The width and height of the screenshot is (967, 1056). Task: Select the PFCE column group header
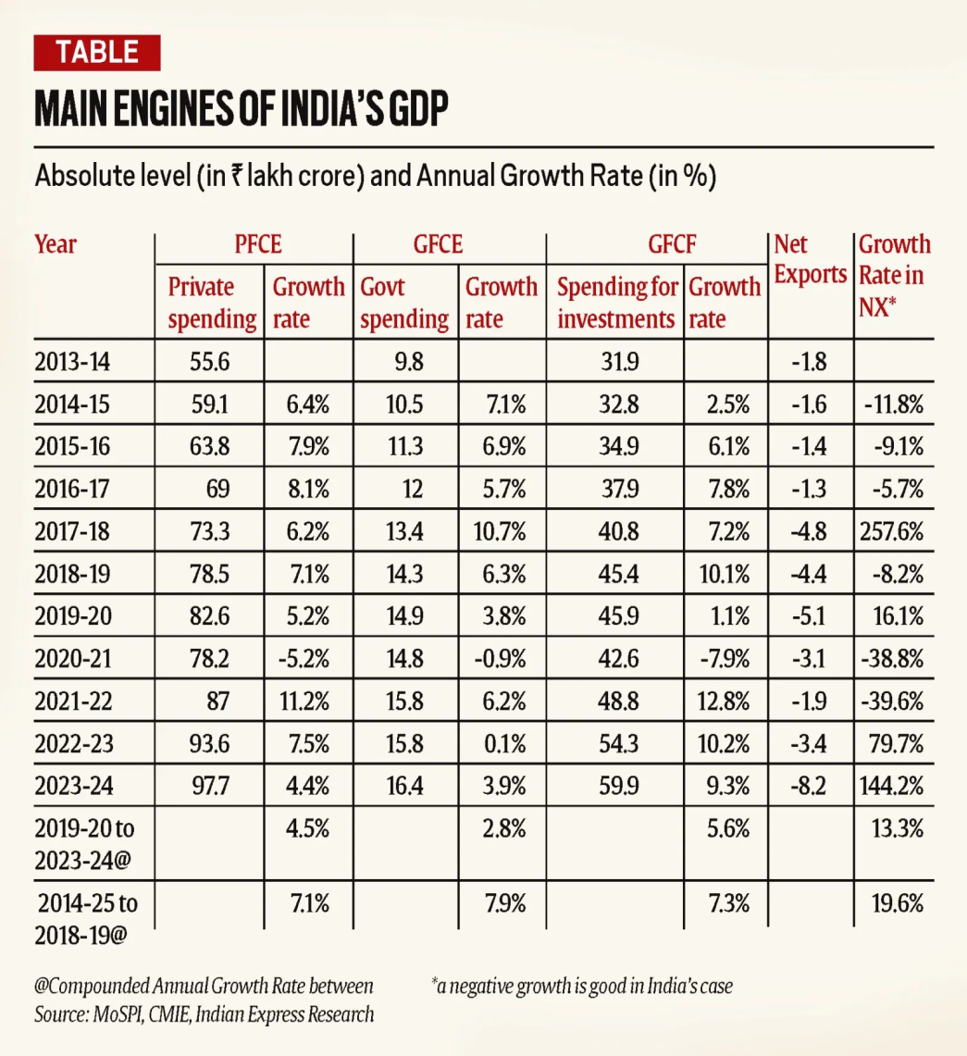point(256,245)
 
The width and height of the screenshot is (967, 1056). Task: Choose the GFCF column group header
point(658,245)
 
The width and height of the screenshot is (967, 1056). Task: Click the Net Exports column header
point(811,260)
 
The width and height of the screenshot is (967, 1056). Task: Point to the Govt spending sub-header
point(403,304)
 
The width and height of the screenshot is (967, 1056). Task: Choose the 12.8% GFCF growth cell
point(724,700)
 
